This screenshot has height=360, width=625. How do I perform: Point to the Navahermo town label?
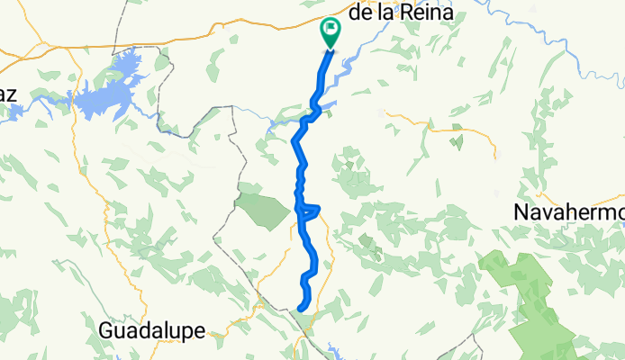pos(568,212)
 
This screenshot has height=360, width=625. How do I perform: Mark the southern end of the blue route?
pos(299,309)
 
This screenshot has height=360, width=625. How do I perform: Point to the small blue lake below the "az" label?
pos(18,107)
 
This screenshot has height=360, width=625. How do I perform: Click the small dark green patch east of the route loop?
pos(366,241)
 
